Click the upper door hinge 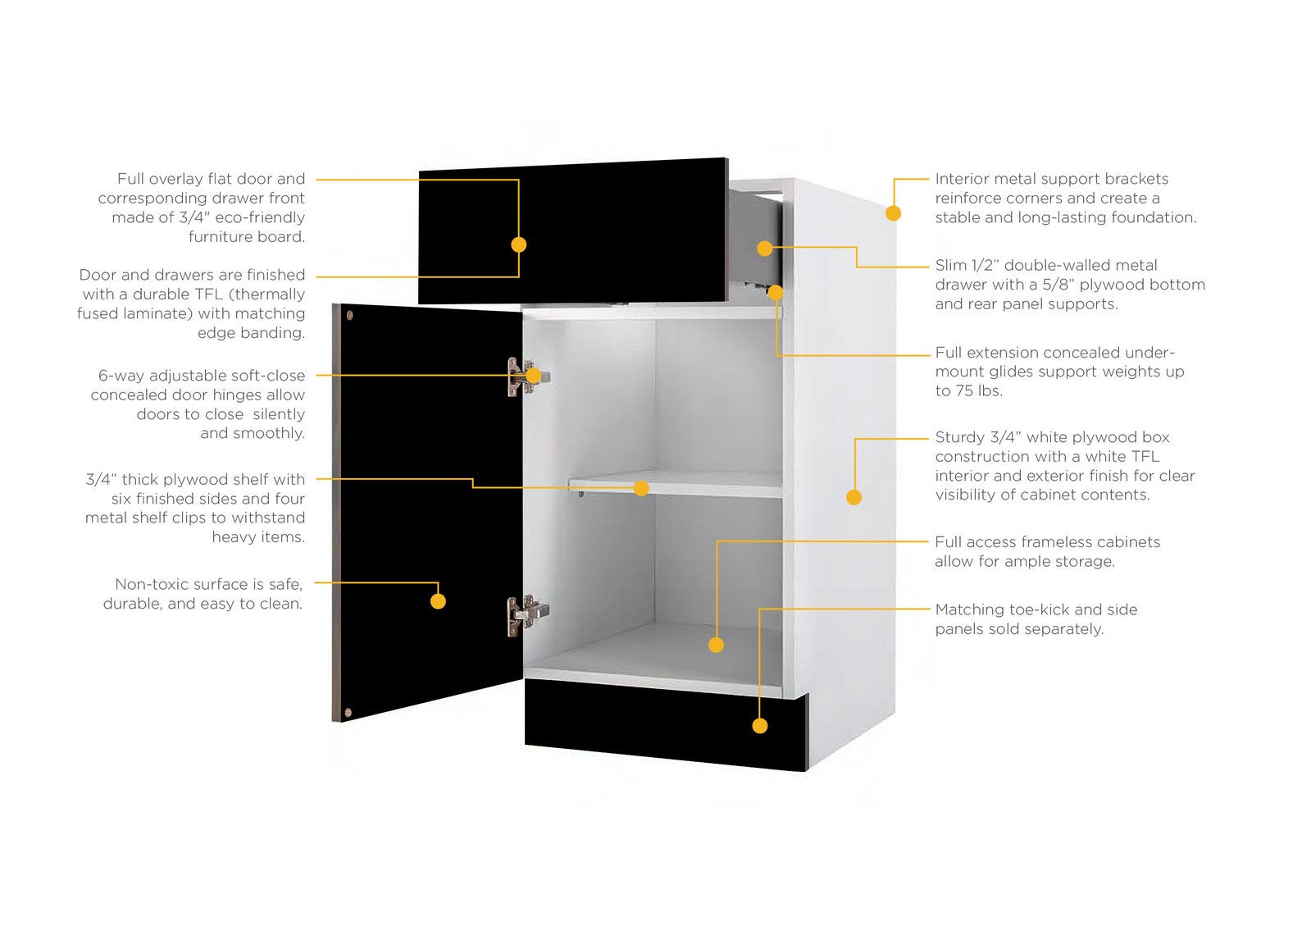[521, 377]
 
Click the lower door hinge [522, 614]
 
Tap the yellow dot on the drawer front [518, 244]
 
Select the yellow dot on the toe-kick [760, 726]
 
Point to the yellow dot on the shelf [641, 489]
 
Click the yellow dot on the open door [438, 601]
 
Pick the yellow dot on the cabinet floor [716, 646]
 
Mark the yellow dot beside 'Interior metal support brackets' [894, 213]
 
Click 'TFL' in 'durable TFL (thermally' [206, 294]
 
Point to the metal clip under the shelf [580, 494]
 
